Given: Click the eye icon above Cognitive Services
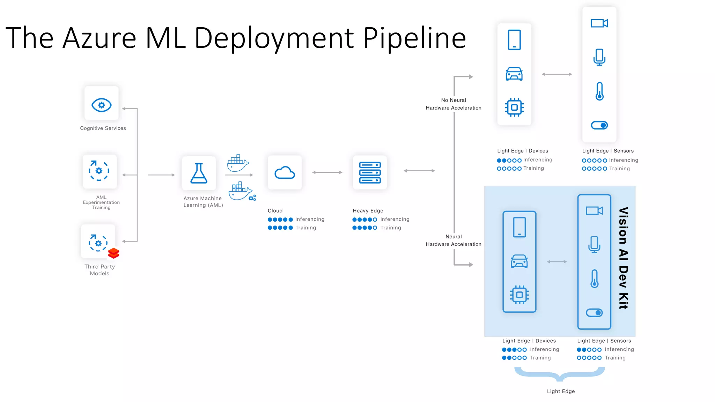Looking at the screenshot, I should pyautogui.click(x=101, y=105).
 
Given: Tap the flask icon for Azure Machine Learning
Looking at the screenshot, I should pyautogui.click(x=199, y=173).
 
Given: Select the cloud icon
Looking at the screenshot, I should pyautogui.click(x=285, y=173).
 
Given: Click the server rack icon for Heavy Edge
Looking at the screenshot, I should pyautogui.click(x=370, y=173).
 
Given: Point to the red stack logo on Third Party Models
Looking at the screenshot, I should pyautogui.click(x=114, y=253).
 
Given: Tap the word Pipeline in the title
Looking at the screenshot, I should pyautogui.click(x=414, y=38).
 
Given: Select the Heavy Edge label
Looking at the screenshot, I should pyautogui.click(x=368, y=210).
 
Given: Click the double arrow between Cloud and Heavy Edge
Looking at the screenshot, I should pyautogui.click(x=327, y=172).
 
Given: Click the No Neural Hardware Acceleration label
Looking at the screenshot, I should pyautogui.click(x=453, y=104).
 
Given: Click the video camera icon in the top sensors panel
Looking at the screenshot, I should pyautogui.click(x=599, y=23).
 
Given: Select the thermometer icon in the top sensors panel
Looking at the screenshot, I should pyautogui.click(x=599, y=91).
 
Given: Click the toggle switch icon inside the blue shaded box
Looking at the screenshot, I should pyautogui.click(x=594, y=313).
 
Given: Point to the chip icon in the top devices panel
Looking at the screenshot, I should pyautogui.click(x=514, y=107).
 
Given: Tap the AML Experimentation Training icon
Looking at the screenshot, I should pyautogui.click(x=99, y=171).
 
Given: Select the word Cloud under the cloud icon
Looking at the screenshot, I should pyautogui.click(x=275, y=210).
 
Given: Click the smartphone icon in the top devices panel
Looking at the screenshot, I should pyautogui.click(x=514, y=40).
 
